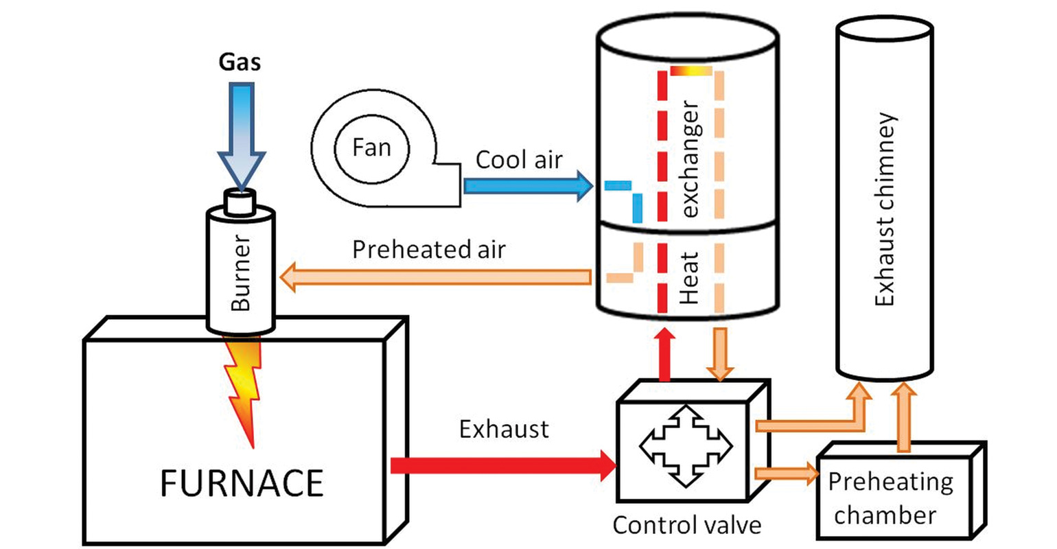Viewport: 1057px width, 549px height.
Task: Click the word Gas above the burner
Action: coord(240,62)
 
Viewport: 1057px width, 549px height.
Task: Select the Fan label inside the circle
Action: coord(371,148)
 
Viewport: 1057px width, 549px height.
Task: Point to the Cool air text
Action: coord(519,160)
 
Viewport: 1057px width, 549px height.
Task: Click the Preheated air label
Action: coord(428,249)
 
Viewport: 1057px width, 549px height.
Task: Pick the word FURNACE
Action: coord(242,482)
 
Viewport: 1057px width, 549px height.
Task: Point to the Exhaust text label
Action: coord(504,430)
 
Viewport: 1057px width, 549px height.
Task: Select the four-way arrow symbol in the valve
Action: coord(686,446)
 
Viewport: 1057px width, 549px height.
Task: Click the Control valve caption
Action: coord(686,526)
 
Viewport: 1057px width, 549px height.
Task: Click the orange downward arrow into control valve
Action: coord(720,354)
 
